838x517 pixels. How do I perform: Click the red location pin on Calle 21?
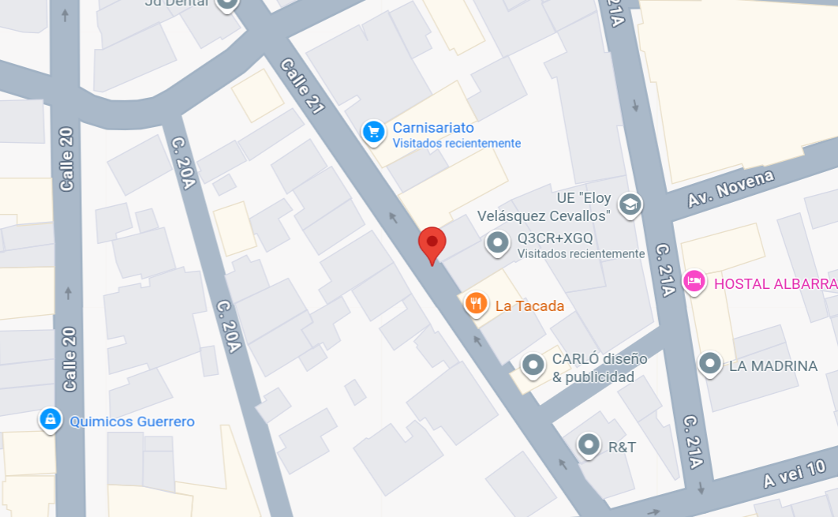pos(432,242)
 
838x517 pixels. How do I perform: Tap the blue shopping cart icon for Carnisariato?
pos(373,132)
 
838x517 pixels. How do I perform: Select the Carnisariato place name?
pos(433,128)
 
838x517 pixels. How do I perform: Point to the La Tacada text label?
pos(529,305)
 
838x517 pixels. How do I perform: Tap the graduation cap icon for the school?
pos(630,205)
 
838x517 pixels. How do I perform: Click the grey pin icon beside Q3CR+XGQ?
pos(497,243)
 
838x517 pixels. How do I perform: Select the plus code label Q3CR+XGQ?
pos(555,238)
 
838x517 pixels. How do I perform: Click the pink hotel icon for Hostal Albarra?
pos(694,281)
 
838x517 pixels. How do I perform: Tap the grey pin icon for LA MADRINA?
pos(710,364)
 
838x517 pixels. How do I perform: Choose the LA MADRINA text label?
pos(773,365)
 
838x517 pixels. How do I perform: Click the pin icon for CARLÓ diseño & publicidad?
pos(533,365)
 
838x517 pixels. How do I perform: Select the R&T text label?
pos(622,448)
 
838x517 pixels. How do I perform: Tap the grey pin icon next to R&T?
pos(589,445)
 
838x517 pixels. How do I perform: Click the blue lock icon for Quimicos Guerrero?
pos(51,420)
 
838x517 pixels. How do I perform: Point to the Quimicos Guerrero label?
pos(132,421)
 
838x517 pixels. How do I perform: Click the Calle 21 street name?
pos(301,87)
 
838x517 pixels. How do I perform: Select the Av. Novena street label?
pos(730,189)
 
